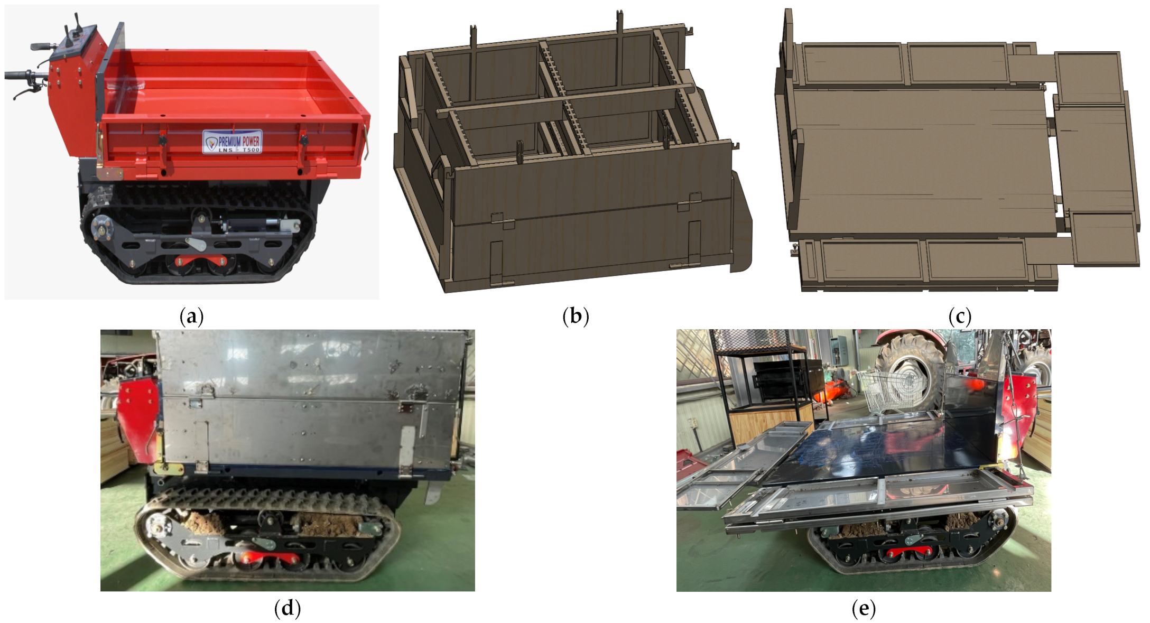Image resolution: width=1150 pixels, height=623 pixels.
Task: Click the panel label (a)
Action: tap(191, 317)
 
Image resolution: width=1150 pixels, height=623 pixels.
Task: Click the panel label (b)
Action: tap(576, 317)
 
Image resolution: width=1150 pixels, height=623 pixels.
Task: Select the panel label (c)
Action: tap(960, 317)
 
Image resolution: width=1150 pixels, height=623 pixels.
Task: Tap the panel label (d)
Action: tap(287, 608)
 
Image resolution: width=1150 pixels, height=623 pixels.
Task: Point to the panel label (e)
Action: tap(864, 608)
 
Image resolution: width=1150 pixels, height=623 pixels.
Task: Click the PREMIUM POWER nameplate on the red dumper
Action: tap(233, 142)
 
